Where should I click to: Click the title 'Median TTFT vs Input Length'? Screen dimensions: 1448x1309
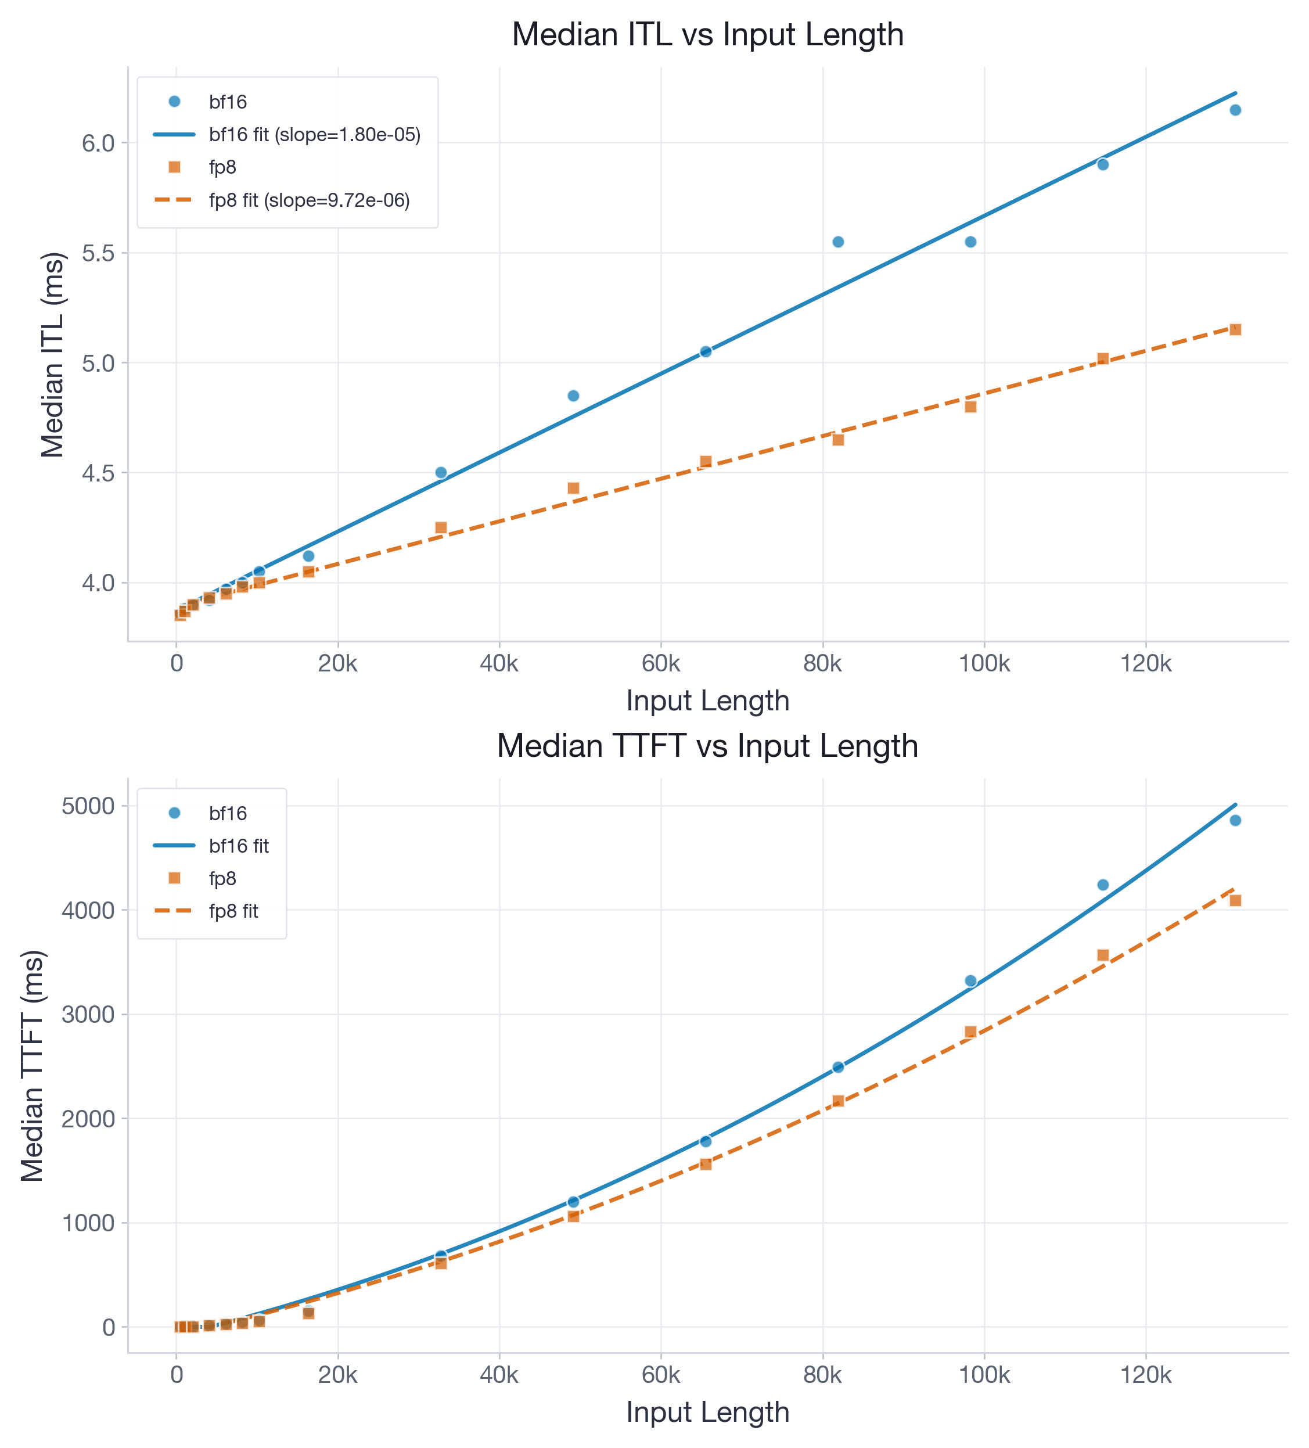707,746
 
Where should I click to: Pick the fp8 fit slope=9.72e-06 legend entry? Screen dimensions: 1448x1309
309,200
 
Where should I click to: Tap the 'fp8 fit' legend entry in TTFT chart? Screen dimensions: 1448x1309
233,911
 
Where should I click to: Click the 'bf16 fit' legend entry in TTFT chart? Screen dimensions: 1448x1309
238,846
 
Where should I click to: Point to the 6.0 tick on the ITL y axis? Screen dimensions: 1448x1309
98,143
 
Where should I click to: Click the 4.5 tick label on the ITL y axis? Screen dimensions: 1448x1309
98,473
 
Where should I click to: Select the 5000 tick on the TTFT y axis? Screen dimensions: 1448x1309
88,806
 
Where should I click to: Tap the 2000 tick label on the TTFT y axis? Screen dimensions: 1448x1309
88,1118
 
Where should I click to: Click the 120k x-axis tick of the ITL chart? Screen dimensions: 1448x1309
1145,664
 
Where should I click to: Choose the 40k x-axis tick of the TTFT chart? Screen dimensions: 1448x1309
499,1375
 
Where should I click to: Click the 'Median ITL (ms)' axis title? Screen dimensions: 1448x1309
52,354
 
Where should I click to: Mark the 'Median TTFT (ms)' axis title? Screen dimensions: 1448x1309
33,1066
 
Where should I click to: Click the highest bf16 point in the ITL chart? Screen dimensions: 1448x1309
1235,110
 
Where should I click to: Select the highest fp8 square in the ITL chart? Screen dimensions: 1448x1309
1235,330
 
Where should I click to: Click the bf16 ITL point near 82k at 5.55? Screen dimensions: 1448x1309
838,242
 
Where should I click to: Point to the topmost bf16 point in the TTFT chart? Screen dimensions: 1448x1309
1235,820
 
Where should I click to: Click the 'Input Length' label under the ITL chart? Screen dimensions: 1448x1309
707,701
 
